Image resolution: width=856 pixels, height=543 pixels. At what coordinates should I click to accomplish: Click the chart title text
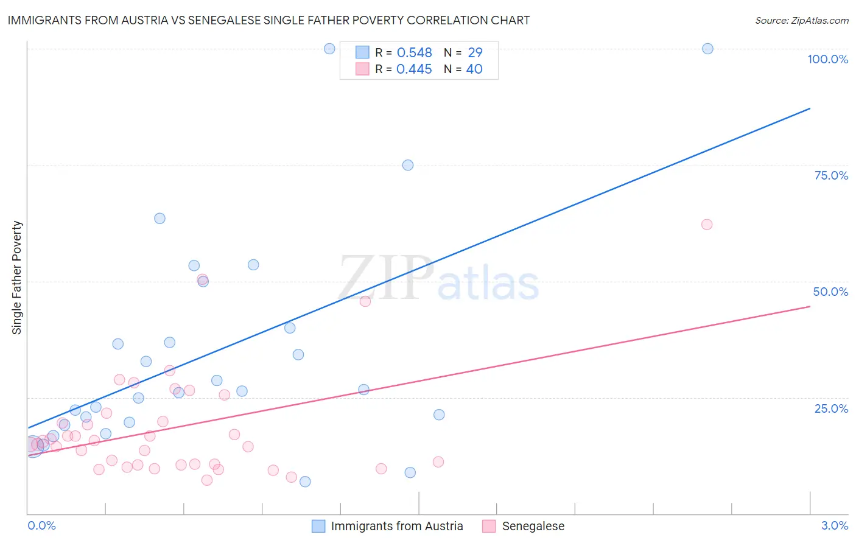click(268, 20)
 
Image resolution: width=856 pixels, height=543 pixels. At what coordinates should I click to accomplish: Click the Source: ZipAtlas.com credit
click(801, 20)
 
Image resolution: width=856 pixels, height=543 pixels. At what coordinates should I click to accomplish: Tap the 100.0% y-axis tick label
click(827, 59)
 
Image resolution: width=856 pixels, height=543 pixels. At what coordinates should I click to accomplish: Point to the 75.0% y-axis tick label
click(831, 175)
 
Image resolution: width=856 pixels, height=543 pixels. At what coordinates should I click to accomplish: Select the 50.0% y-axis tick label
click(830, 292)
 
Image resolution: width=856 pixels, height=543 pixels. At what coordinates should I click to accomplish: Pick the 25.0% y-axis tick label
click(831, 408)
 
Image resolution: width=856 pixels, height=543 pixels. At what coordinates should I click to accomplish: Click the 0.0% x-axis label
click(41, 525)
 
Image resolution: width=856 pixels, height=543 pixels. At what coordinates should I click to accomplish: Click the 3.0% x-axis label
click(835, 525)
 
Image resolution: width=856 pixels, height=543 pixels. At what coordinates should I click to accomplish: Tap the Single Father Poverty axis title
click(16, 278)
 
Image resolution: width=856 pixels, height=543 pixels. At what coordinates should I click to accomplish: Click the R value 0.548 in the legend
click(414, 53)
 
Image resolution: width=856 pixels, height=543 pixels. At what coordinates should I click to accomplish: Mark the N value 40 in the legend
click(474, 69)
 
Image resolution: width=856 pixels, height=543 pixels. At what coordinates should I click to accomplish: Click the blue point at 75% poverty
click(408, 165)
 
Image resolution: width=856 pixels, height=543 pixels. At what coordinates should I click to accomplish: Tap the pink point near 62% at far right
click(707, 225)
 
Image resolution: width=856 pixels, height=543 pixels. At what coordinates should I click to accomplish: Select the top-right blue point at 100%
click(707, 49)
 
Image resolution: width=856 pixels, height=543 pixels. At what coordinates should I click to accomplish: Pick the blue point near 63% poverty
click(160, 219)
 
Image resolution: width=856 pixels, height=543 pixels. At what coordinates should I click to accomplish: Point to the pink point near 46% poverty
click(365, 301)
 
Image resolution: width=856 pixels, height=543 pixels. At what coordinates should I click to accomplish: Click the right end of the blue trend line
click(810, 108)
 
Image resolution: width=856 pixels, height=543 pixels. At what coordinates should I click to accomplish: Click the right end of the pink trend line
click(810, 306)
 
